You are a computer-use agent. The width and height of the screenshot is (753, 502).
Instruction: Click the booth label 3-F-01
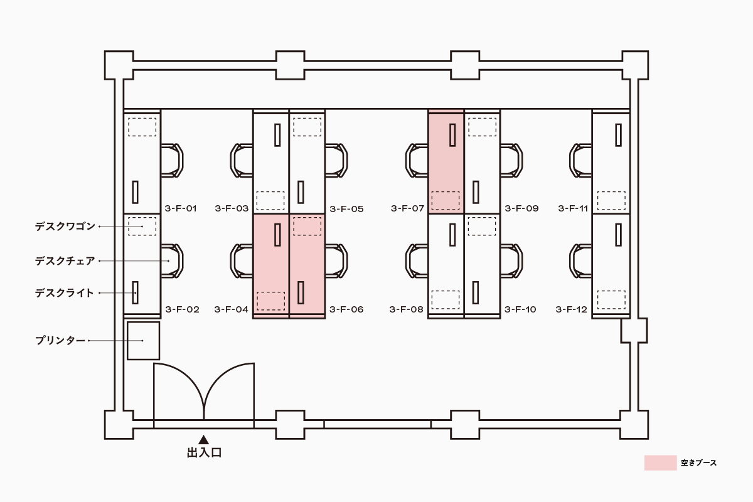[181, 208]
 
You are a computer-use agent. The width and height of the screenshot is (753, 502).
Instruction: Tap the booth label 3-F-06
[346, 309]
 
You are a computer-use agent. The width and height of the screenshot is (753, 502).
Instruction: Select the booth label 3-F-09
[522, 208]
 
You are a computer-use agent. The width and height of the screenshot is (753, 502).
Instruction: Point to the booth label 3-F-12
[572, 309]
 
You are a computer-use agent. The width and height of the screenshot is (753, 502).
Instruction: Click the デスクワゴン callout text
[65, 226]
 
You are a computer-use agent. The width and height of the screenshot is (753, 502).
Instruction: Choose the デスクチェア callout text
[65, 260]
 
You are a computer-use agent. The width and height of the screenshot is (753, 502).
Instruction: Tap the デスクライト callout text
[65, 292]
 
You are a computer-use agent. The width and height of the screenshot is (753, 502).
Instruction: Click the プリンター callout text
[60, 341]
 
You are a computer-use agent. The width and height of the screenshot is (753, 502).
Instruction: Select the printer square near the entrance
[144, 341]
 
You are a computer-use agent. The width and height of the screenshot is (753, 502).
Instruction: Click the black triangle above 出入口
[203, 440]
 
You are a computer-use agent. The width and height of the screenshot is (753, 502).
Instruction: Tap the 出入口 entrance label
[204, 452]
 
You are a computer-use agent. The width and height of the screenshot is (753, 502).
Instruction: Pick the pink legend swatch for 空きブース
[660, 463]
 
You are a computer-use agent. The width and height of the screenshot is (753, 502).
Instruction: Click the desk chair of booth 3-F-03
[242, 160]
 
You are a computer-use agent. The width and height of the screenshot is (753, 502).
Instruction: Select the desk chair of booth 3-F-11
[582, 160]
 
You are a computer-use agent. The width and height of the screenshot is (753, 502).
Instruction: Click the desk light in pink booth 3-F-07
[452, 134]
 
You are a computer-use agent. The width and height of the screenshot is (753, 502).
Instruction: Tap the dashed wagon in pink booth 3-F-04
[270, 301]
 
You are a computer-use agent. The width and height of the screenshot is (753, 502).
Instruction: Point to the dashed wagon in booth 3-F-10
[481, 226]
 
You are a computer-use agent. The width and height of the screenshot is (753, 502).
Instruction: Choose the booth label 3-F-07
[407, 208]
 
